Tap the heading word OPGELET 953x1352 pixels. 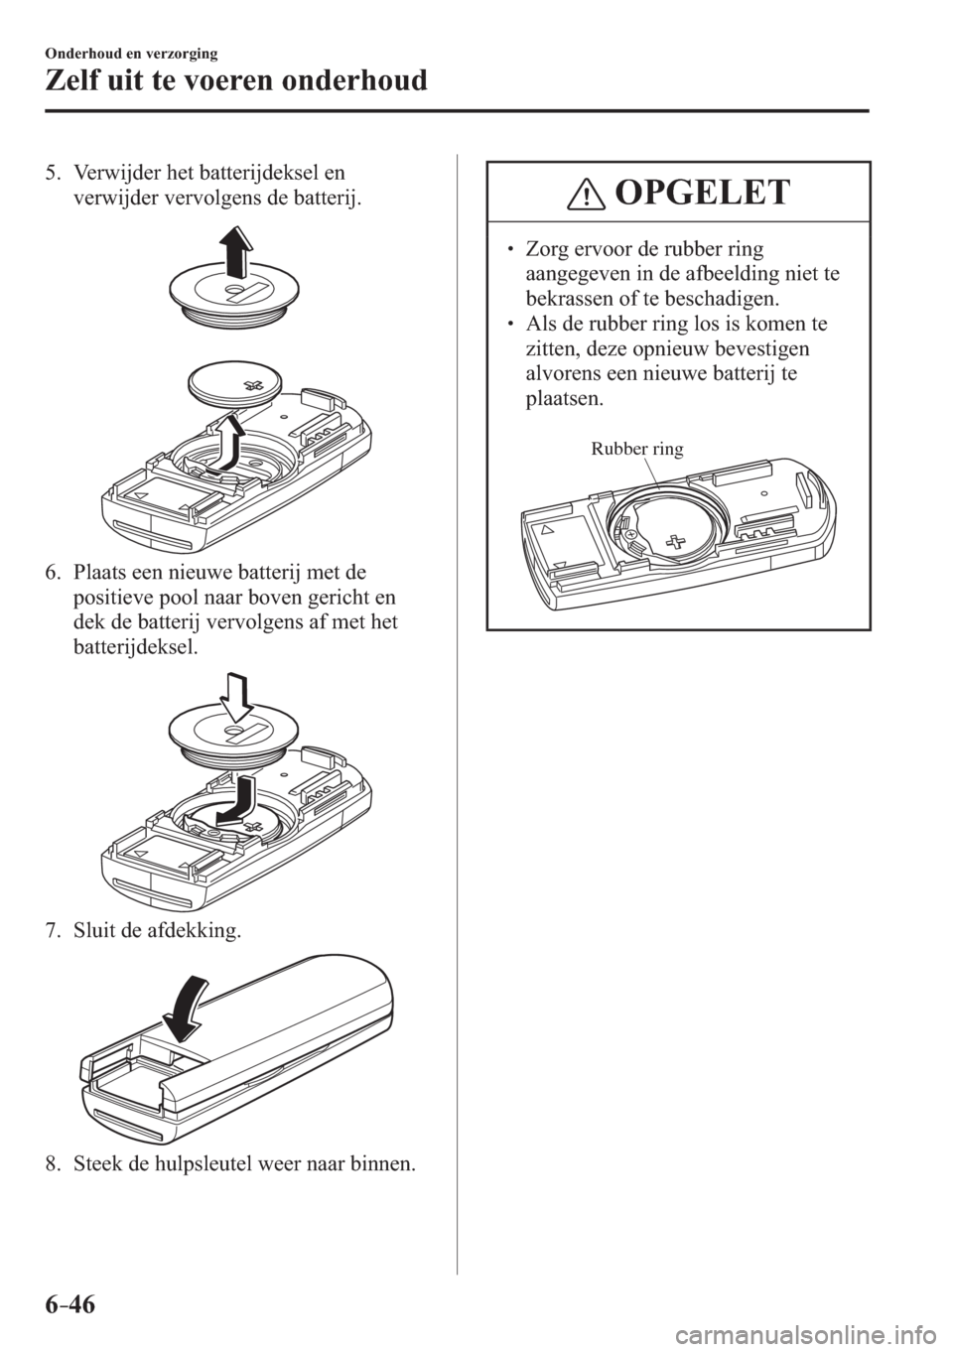click(703, 193)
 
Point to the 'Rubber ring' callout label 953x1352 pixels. click(636, 449)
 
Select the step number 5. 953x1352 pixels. click(53, 174)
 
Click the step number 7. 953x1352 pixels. click(53, 931)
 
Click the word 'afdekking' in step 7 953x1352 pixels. click(196, 931)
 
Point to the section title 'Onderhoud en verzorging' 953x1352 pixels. click(131, 54)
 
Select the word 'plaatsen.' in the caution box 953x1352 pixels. click(564, 399)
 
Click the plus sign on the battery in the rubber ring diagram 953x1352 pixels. click(678, 540)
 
